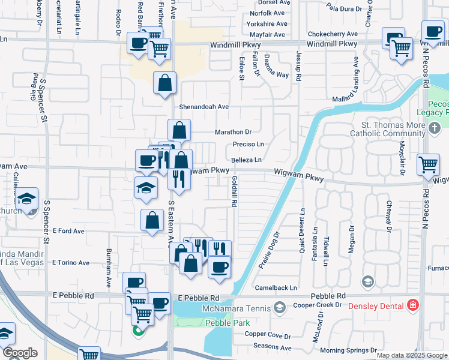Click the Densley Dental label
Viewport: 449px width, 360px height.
click(x=377, y=305)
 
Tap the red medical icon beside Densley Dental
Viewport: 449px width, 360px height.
click(x=413, y=305)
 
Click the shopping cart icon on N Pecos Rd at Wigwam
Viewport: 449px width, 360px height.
click(x=429, y=163)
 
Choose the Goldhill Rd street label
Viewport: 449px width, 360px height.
click(x=232, y=192)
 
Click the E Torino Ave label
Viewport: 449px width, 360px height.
click(x=71, y=263)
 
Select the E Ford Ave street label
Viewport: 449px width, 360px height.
click(x=68, y=231)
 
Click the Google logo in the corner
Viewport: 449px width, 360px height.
click(x=20, y=353)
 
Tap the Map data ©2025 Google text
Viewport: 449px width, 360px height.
click(x=411, y=355)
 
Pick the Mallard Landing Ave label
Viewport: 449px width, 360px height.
click(x=355, y=79)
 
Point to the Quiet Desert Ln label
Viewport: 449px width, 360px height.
click(x=303, y=231)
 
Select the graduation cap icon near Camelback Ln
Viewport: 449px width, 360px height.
click(x=368, y=281)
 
